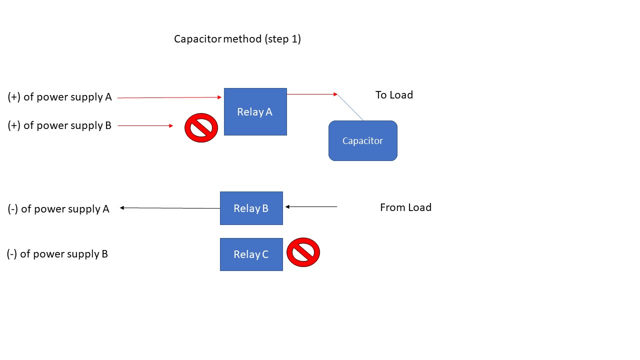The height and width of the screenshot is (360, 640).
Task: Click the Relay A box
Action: pyautogui.click(x=255, y=111)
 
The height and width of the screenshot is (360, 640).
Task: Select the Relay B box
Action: pyautogui.click(x=251, y=208)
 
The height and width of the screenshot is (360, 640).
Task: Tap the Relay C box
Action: pyautogui.click(x=251, y=254)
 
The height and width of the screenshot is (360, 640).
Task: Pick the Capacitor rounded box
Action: pyautogui.click(x=362, y=140)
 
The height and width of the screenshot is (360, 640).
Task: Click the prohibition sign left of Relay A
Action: pyautogui.click(x=201, y=127)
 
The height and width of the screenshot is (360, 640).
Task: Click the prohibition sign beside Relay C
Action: pyautogui.click(x=303, y=252)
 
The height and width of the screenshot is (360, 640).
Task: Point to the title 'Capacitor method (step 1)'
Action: pyautogui.click(x=237, y=39)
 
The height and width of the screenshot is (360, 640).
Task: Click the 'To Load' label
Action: pyautogui.click(x=394, y=95)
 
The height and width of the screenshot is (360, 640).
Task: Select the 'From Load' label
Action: pyautogui.click(x=405, y=207)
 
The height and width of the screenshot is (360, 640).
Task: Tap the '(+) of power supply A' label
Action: pyautogui.click(x=60, y=97)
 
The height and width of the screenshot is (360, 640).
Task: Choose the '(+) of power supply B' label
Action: pyautogui.click(x=59, y=125)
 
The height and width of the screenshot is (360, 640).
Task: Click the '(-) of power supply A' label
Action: pyautogui.click(x=58, y=209)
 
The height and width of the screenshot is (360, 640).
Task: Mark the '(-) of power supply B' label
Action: pyautogui.click(x=57, y=254)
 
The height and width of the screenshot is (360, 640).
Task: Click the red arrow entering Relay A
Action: pyautogui.click(x=169, y=97)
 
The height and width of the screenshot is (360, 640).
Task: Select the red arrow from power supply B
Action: pyautogui.click(x=145, y=126)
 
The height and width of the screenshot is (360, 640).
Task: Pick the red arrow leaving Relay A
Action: pyautogui.click(x=312, y=94)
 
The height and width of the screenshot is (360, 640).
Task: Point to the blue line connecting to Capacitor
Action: pyautogui.click(x=350, y=107)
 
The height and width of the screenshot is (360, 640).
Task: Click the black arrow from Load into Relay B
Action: pyautogui.click(x=311, y=206)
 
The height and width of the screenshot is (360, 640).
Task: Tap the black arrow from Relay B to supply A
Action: pyautogui.click(x=170, y=208)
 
